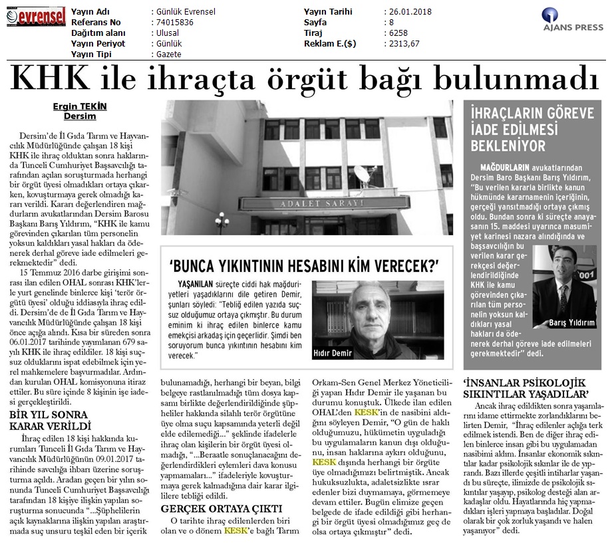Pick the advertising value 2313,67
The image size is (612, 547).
click(402, 45)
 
